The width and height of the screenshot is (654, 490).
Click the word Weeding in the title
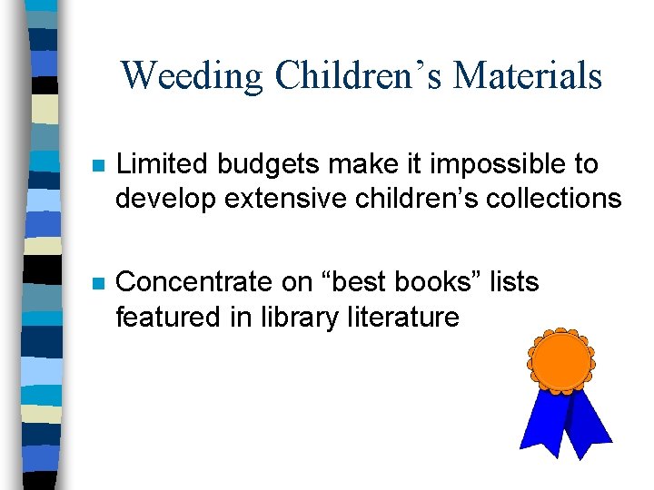point(193,76)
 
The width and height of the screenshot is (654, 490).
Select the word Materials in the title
point(528,76)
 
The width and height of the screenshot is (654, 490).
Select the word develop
point(164,198)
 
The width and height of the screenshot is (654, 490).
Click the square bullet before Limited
point(98,166)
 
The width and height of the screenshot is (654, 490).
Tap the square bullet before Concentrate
point(98,283)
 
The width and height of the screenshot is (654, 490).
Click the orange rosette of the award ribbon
point(560,361)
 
